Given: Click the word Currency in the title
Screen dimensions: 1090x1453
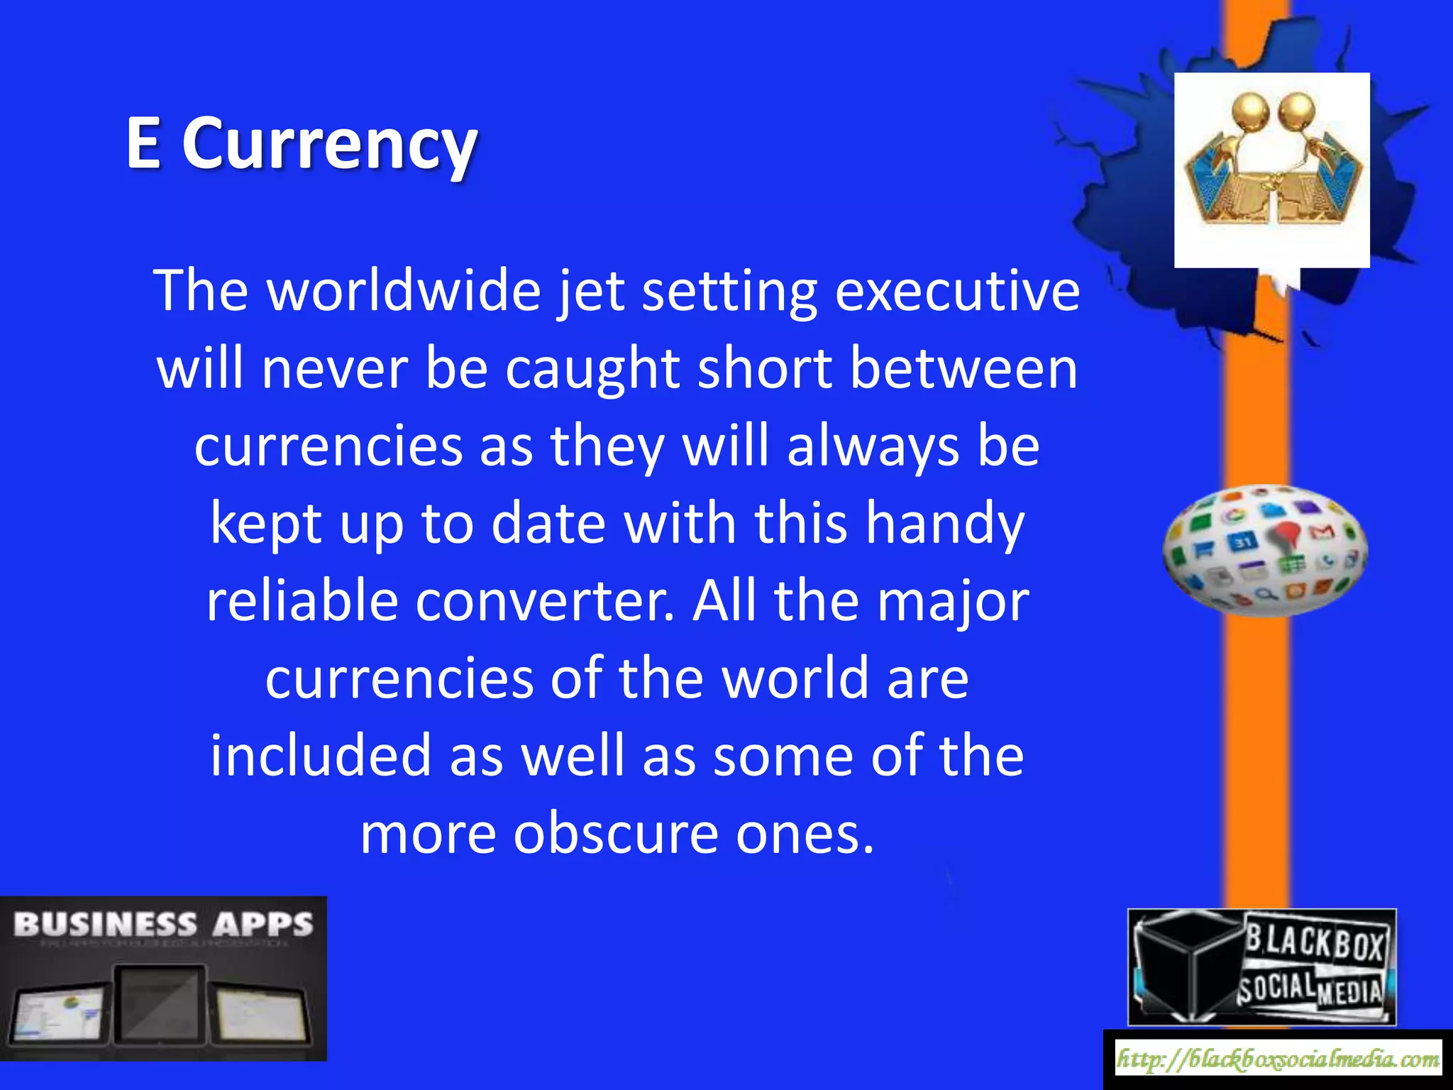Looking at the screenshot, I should pyautogui.click(x=330, y=145).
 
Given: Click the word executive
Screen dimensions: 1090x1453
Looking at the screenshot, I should pyautogui.click(x=957, y=290).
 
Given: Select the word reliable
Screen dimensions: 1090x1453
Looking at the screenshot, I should pyautogui.click(x=302, y=601).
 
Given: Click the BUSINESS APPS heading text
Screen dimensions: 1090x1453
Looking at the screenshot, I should pyautogui.click(x=163, y=925).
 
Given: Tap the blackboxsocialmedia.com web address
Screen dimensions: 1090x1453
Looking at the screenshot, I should pyautogui.click(x=1278, y=1060).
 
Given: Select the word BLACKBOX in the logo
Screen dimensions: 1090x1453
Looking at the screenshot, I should pyautogui.click(x=1315, y=944).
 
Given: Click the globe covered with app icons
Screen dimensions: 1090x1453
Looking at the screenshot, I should pyautogui.click(x=1265, y=550).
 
